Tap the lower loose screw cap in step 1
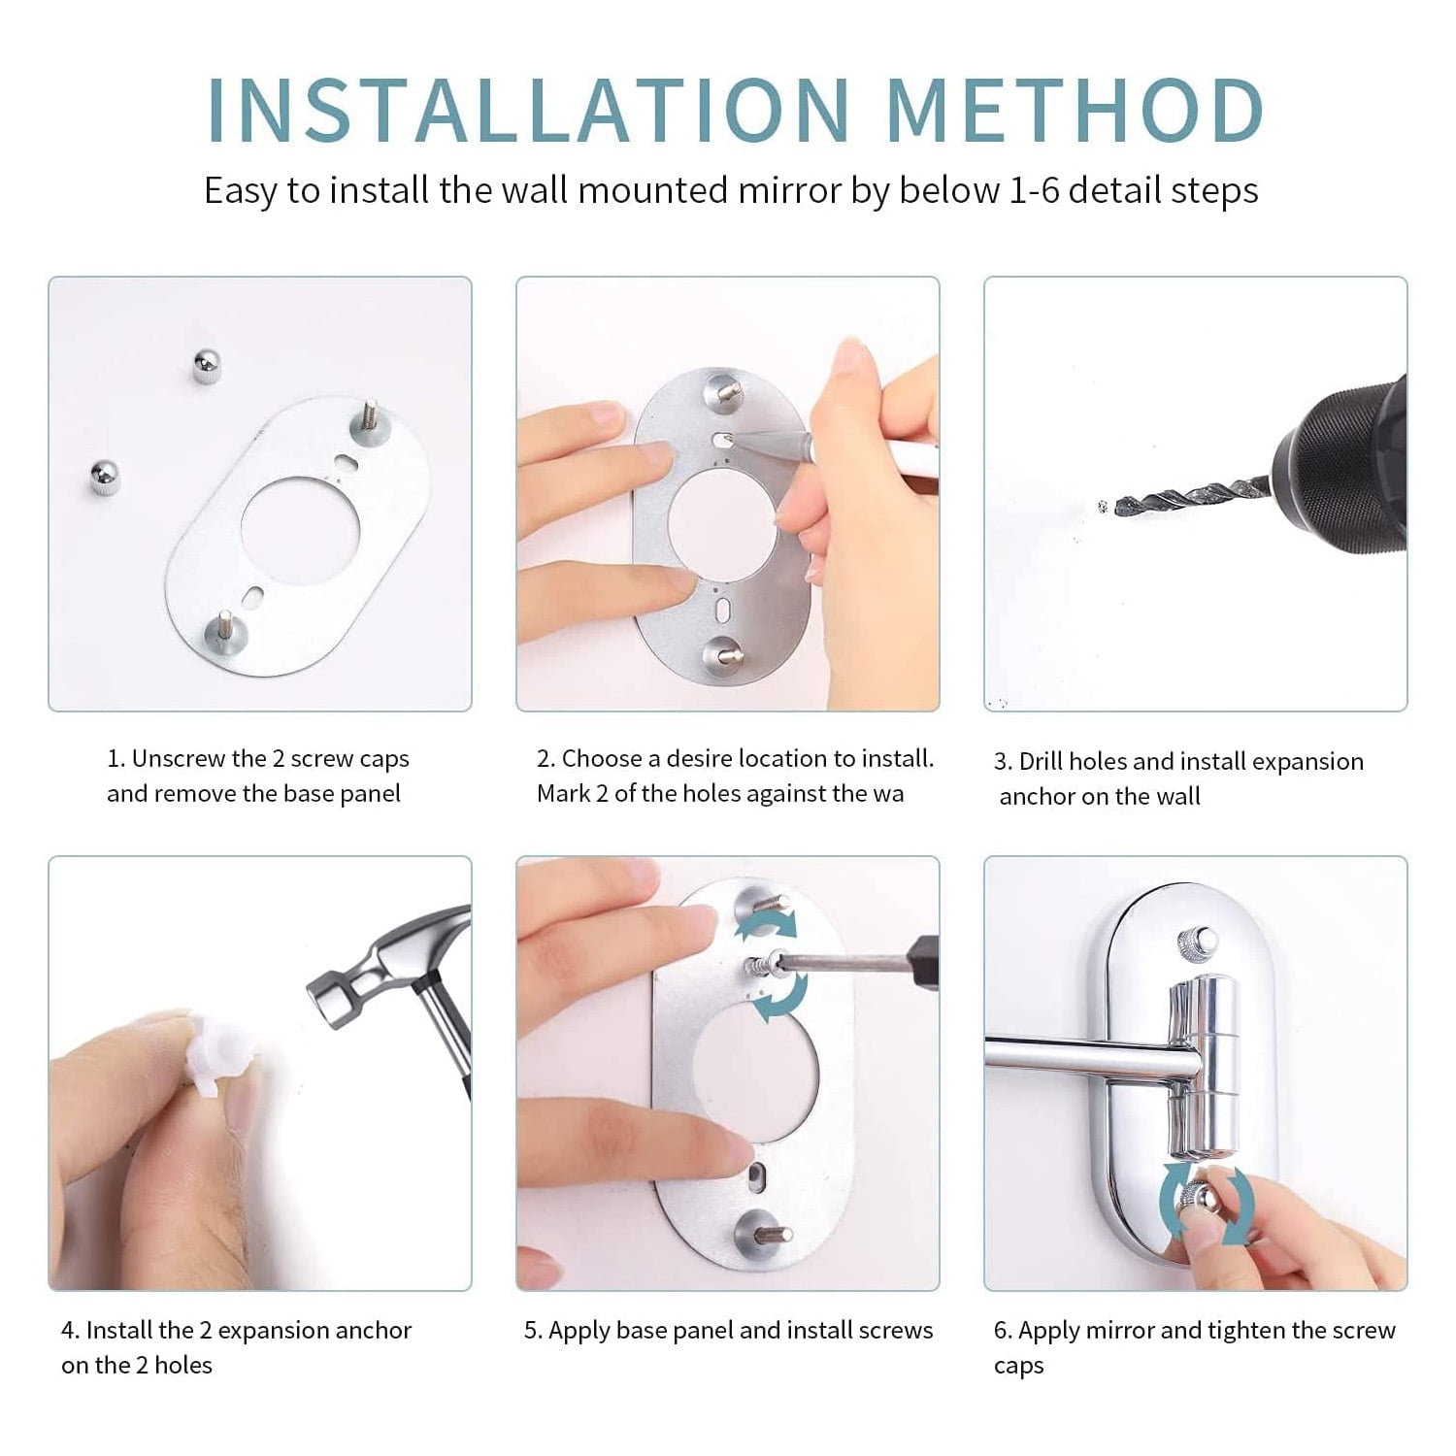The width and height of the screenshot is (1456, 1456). click(x=106, y=479)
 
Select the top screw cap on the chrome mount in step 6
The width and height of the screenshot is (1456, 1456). click(x=1196, y=941)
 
